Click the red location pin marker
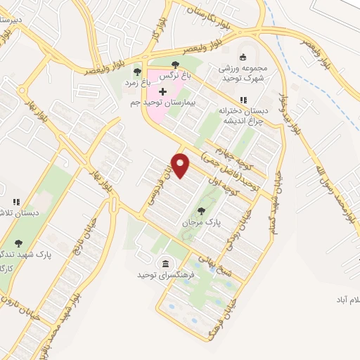tap(181, 165)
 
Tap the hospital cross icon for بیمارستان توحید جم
tap(163, 92)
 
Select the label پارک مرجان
tap(202, 221)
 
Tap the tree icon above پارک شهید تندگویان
tap(18, 243)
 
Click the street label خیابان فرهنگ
tap(218, 314)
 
